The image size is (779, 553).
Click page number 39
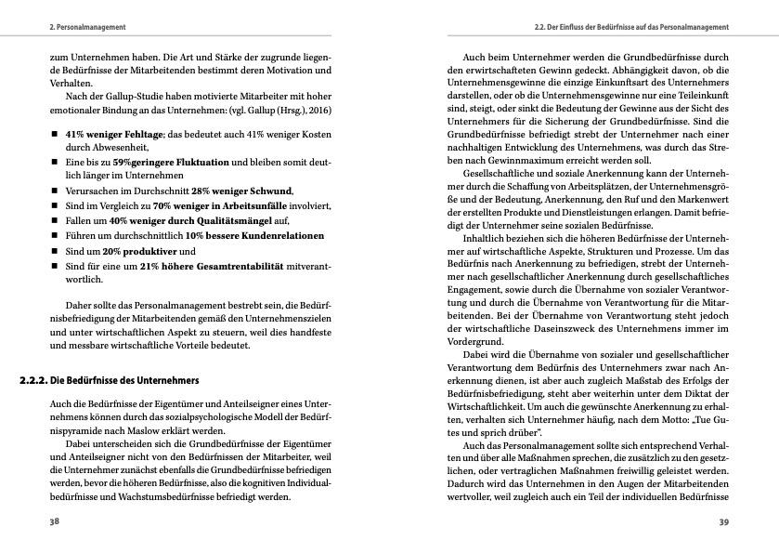coord(723,521)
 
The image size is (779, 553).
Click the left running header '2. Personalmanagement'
coord(87,27)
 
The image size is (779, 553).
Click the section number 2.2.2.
coord(33,381)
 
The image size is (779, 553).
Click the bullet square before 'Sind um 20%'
coord(55,252)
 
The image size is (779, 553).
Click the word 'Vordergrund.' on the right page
coord(475,341)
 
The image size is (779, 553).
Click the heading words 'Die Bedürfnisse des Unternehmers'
coord(124,381)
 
